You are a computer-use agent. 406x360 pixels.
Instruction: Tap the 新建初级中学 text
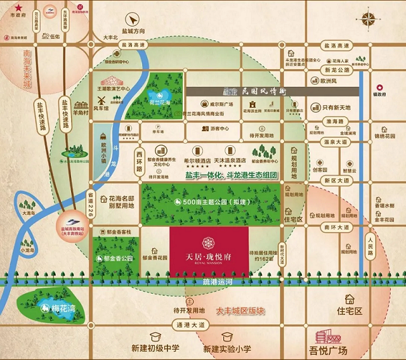click(156, 349)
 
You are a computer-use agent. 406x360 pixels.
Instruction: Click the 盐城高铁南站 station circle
click(76, 219)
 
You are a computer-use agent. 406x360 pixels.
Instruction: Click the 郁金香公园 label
click(118, 259)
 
